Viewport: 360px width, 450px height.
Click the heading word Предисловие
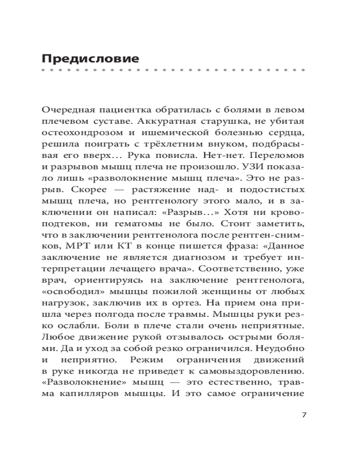click(x=90, y=58)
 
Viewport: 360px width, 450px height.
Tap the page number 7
click(x=303, y=414)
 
